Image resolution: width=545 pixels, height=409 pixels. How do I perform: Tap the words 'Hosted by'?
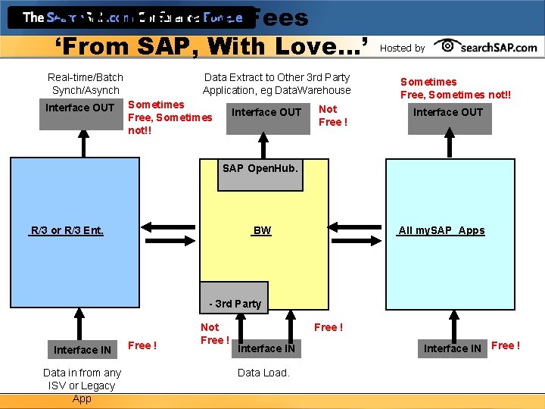(x=402, y=48)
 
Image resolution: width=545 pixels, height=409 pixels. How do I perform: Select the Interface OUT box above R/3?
(x=79, y=108)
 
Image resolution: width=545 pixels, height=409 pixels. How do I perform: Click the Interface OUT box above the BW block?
(x=266, y=112)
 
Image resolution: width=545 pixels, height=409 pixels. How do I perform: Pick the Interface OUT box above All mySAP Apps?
(x=448, y=112)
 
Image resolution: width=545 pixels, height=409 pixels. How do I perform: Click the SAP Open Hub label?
(x=260, y=168)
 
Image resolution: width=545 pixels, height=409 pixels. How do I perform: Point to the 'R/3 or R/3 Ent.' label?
(x=67, y=230)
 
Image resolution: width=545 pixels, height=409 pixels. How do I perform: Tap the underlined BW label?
(x=262, y=230)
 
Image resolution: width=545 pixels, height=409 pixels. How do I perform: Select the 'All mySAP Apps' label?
(x=441, y=230)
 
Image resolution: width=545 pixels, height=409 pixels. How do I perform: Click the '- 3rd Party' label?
(x=235, y=304)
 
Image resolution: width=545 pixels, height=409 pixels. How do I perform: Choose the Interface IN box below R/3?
(x=82, y=349)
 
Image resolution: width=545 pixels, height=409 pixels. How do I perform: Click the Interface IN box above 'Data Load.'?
(x=266, y=348)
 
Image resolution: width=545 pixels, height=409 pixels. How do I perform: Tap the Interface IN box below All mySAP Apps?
(x=452, y=348)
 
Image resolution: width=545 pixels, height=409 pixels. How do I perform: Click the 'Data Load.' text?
(x=263, y=373)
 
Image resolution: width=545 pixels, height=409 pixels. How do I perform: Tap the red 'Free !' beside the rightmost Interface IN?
(x=506, y=345)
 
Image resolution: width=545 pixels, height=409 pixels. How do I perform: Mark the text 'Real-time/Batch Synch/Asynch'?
(x=85, y=83)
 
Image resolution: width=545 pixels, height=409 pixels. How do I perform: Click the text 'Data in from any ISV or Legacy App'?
(x=82, y=386)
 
